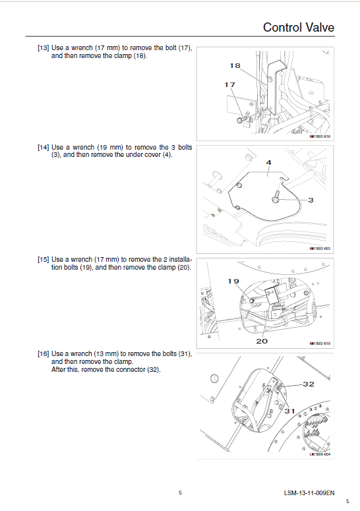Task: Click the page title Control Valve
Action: click(298, 27)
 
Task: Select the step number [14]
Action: click(44, 148)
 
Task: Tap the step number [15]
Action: click(44, 260)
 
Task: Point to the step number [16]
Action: click(44, 354)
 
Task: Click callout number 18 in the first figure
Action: click(235, 65)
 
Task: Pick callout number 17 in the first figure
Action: click(229, 84)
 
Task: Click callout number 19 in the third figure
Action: click(233, 281)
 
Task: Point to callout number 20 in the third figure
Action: click(261, 342)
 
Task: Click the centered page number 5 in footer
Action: click(180, 493)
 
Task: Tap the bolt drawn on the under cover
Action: click(275, 195)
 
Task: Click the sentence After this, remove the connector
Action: click(105, 370)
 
